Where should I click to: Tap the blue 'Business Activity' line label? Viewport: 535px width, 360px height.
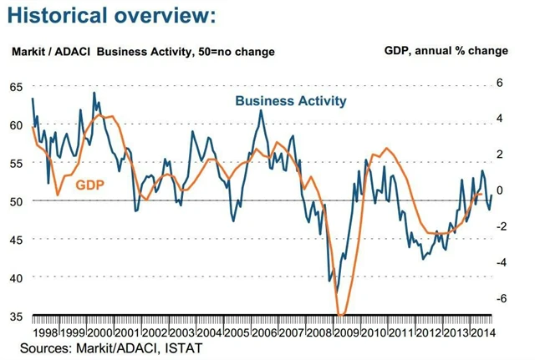(x=290, y=101)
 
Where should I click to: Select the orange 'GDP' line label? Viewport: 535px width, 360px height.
(x=89, y=184)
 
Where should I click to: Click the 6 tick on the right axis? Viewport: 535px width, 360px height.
(x=500, y=83)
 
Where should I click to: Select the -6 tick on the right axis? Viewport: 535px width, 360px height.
(x=498, y=298)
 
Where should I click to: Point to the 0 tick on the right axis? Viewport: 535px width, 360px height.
(x=500, y=190)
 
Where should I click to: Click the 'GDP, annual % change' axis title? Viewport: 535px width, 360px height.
(x=446, y=51)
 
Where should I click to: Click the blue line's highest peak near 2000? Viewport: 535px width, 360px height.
(x=94, y=93)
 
